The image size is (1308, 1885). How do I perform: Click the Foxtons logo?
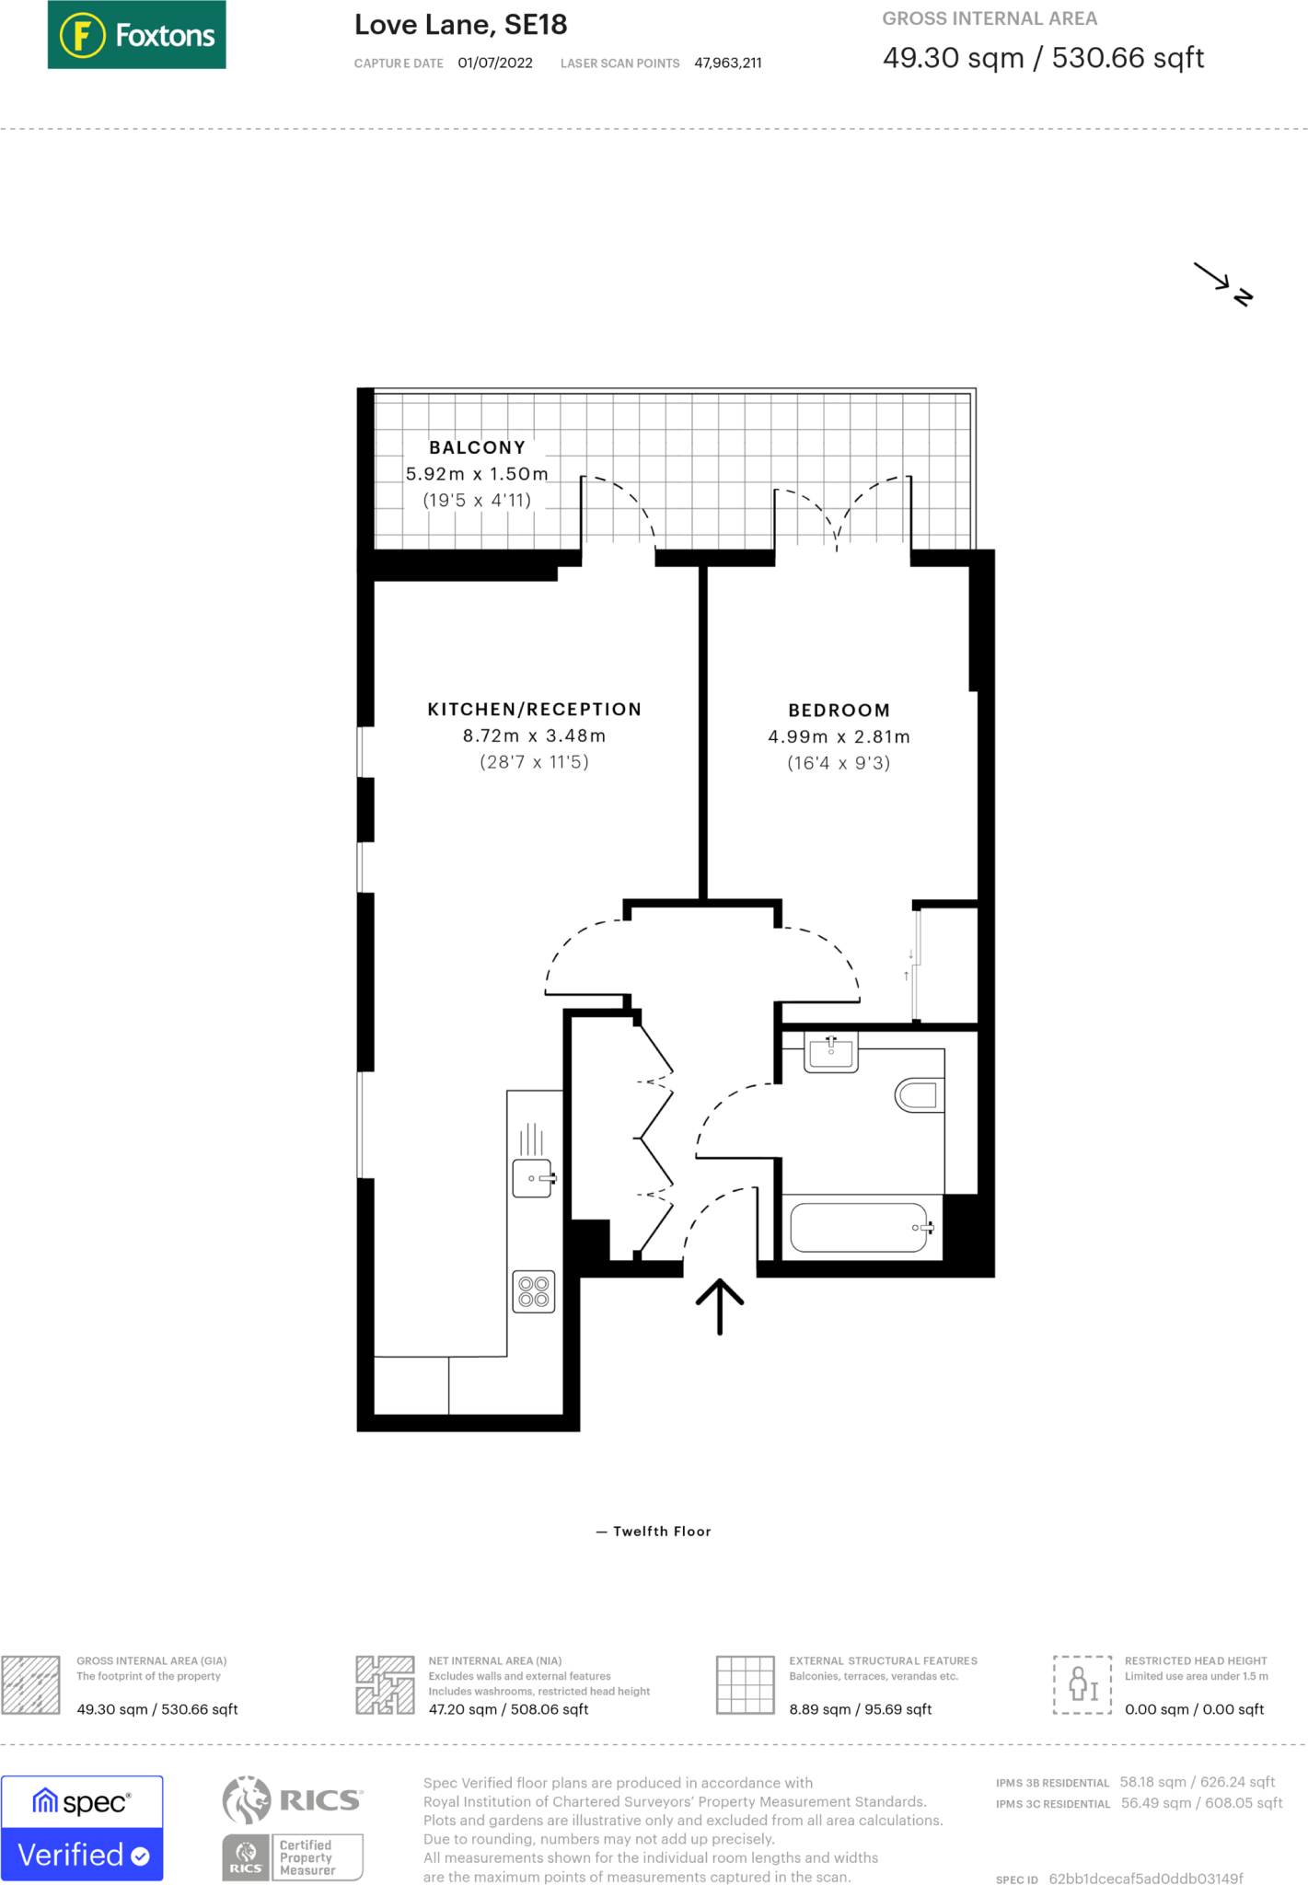pos(136,35)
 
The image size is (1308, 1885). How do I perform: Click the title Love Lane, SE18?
pos(460,25)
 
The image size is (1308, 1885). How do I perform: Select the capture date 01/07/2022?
pos(494,64)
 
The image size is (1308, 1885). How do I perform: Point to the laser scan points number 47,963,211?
pos(727,64)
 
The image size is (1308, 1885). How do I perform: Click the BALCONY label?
pos(477,447)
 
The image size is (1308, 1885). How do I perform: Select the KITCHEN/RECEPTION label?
pos(534,710)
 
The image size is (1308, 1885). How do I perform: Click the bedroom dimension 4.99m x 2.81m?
pos(839,737)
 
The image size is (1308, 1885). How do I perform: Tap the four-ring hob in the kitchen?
pos(534,1291)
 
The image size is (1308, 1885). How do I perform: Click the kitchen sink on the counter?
pos(533,1178)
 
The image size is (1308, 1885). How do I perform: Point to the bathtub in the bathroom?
pos(860,1227)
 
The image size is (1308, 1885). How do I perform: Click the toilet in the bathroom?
pos(920,1094)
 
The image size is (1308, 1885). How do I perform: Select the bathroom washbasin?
pos(831,1051)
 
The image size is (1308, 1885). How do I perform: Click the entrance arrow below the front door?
pos(719,1306)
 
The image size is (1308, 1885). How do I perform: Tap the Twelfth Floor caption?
pos(661,1532)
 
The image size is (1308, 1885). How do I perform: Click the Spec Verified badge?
pos(82,1828)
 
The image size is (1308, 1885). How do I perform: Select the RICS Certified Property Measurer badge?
pos(293,1828)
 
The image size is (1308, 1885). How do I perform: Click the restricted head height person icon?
pos(1082,1684)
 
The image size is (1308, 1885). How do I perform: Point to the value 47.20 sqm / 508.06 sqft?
pos(508,1710)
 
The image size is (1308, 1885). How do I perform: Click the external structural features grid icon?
pos(745,1684)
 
